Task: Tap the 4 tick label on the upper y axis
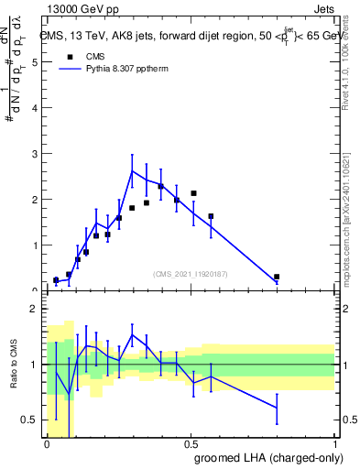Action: pos(34,108)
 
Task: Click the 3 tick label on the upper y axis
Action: pos(34,154)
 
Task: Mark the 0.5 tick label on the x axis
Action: pos(191,444)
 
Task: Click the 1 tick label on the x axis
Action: pos(334,444)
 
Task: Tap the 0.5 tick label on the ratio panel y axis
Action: pos(29,420)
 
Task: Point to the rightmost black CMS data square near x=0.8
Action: pos(277,277)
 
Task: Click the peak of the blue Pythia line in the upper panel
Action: pos(133,170)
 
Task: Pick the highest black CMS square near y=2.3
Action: pos(161,187)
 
